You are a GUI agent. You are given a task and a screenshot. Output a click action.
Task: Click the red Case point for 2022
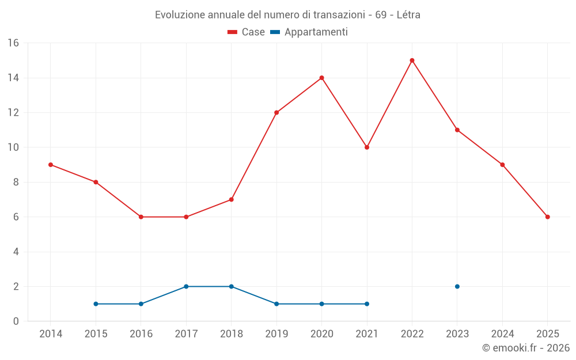click(412, 60)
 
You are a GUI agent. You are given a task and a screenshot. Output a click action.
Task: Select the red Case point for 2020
click(321, 78)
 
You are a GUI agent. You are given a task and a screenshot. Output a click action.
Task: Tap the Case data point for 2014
click(51, 165)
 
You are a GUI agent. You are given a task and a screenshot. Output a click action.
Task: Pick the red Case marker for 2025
click(547, 217)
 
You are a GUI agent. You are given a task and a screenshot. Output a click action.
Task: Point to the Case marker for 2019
click(276, 113)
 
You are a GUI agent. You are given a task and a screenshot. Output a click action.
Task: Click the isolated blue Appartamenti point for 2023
click(457, 286)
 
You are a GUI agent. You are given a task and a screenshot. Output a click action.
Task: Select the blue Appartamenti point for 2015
click(96, 304)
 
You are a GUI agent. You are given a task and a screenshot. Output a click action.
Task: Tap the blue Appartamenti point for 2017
click(186, 286)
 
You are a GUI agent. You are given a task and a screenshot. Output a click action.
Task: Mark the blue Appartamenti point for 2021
click(367, 304)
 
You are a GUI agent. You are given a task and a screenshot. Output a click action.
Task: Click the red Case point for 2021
click(367, 147)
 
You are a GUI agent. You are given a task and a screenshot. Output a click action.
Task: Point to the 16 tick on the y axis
click(13, 43)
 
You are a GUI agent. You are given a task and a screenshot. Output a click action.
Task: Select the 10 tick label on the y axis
click(13, 147)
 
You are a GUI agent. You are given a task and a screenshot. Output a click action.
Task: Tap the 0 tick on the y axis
click(16, 321)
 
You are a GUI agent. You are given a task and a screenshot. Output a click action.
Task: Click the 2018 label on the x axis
click(231, 334)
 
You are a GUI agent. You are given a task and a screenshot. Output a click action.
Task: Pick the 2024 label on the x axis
click(502, 334)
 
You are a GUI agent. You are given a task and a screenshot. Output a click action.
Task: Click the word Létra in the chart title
click(408, 15)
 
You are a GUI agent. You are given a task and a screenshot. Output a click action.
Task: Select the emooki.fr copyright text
click(526, 348)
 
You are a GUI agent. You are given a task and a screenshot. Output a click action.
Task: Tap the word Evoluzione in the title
click(179, 15)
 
